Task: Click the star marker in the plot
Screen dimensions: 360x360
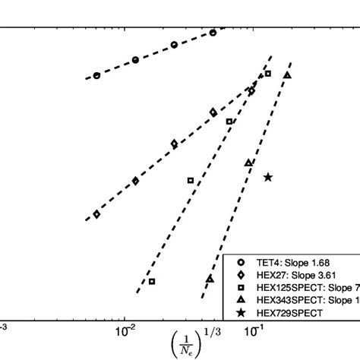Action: click(x=268, y=177)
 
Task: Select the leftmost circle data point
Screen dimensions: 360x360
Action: click(x=96, y=76)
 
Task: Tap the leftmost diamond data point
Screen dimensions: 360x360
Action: click(x=96, y=215)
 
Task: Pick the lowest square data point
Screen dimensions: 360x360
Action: click(x=152, y=281)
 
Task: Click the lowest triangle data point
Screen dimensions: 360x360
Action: click(x=210, y=279)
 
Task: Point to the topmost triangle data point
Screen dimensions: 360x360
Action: click(x=287, y=74)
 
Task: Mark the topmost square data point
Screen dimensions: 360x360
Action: click(x=268, y=74)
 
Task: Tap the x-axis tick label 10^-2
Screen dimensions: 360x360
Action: click(x=125, y=330)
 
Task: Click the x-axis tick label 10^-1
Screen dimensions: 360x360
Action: click(x=253, y=330)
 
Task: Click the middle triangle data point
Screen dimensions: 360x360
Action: click(x=248, y=163)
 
